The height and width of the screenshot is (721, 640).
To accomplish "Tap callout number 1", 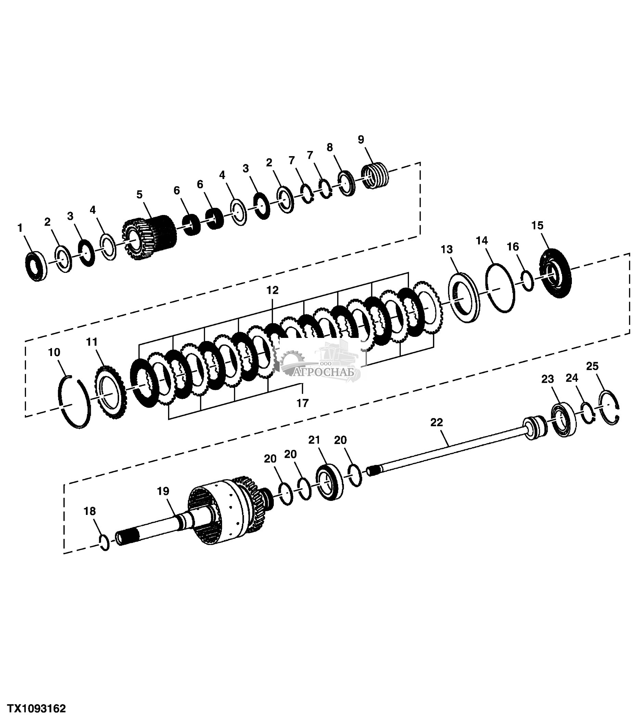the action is [20, 228].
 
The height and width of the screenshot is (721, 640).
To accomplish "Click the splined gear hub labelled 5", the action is [149, 237].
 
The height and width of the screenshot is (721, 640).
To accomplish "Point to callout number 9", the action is [361, 139].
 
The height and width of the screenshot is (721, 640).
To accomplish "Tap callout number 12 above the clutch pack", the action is [272, 290].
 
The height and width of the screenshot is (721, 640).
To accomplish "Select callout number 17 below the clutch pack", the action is [303, 403].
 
